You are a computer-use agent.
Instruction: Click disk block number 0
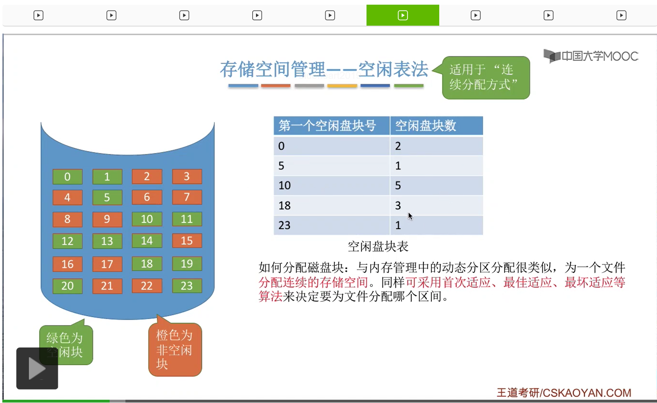(68, 177)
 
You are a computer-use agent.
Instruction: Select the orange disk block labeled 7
(187, 197)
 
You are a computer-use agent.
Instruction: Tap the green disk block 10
(147, 219)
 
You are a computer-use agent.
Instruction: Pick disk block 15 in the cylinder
(187, 241)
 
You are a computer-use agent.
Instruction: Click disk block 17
(107, 264)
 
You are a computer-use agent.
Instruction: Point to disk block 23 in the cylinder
(187, 285)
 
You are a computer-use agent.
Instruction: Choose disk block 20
(68, 285)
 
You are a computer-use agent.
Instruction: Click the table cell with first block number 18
(332, 205)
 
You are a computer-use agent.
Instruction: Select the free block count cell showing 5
(436, 185)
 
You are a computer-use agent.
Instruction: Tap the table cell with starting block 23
(332, 225)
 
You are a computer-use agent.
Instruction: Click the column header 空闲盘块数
(436, 126)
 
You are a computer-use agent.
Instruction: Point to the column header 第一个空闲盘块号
(332, 126)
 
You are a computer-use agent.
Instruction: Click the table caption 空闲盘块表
(378, 247)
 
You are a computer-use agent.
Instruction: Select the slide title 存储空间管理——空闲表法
(324, 69)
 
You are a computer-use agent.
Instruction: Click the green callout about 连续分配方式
(486, 78)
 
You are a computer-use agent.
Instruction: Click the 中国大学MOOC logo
(591, 56)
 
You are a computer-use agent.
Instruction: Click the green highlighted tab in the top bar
(403, 15)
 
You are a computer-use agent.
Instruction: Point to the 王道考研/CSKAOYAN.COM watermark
(564, 393)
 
